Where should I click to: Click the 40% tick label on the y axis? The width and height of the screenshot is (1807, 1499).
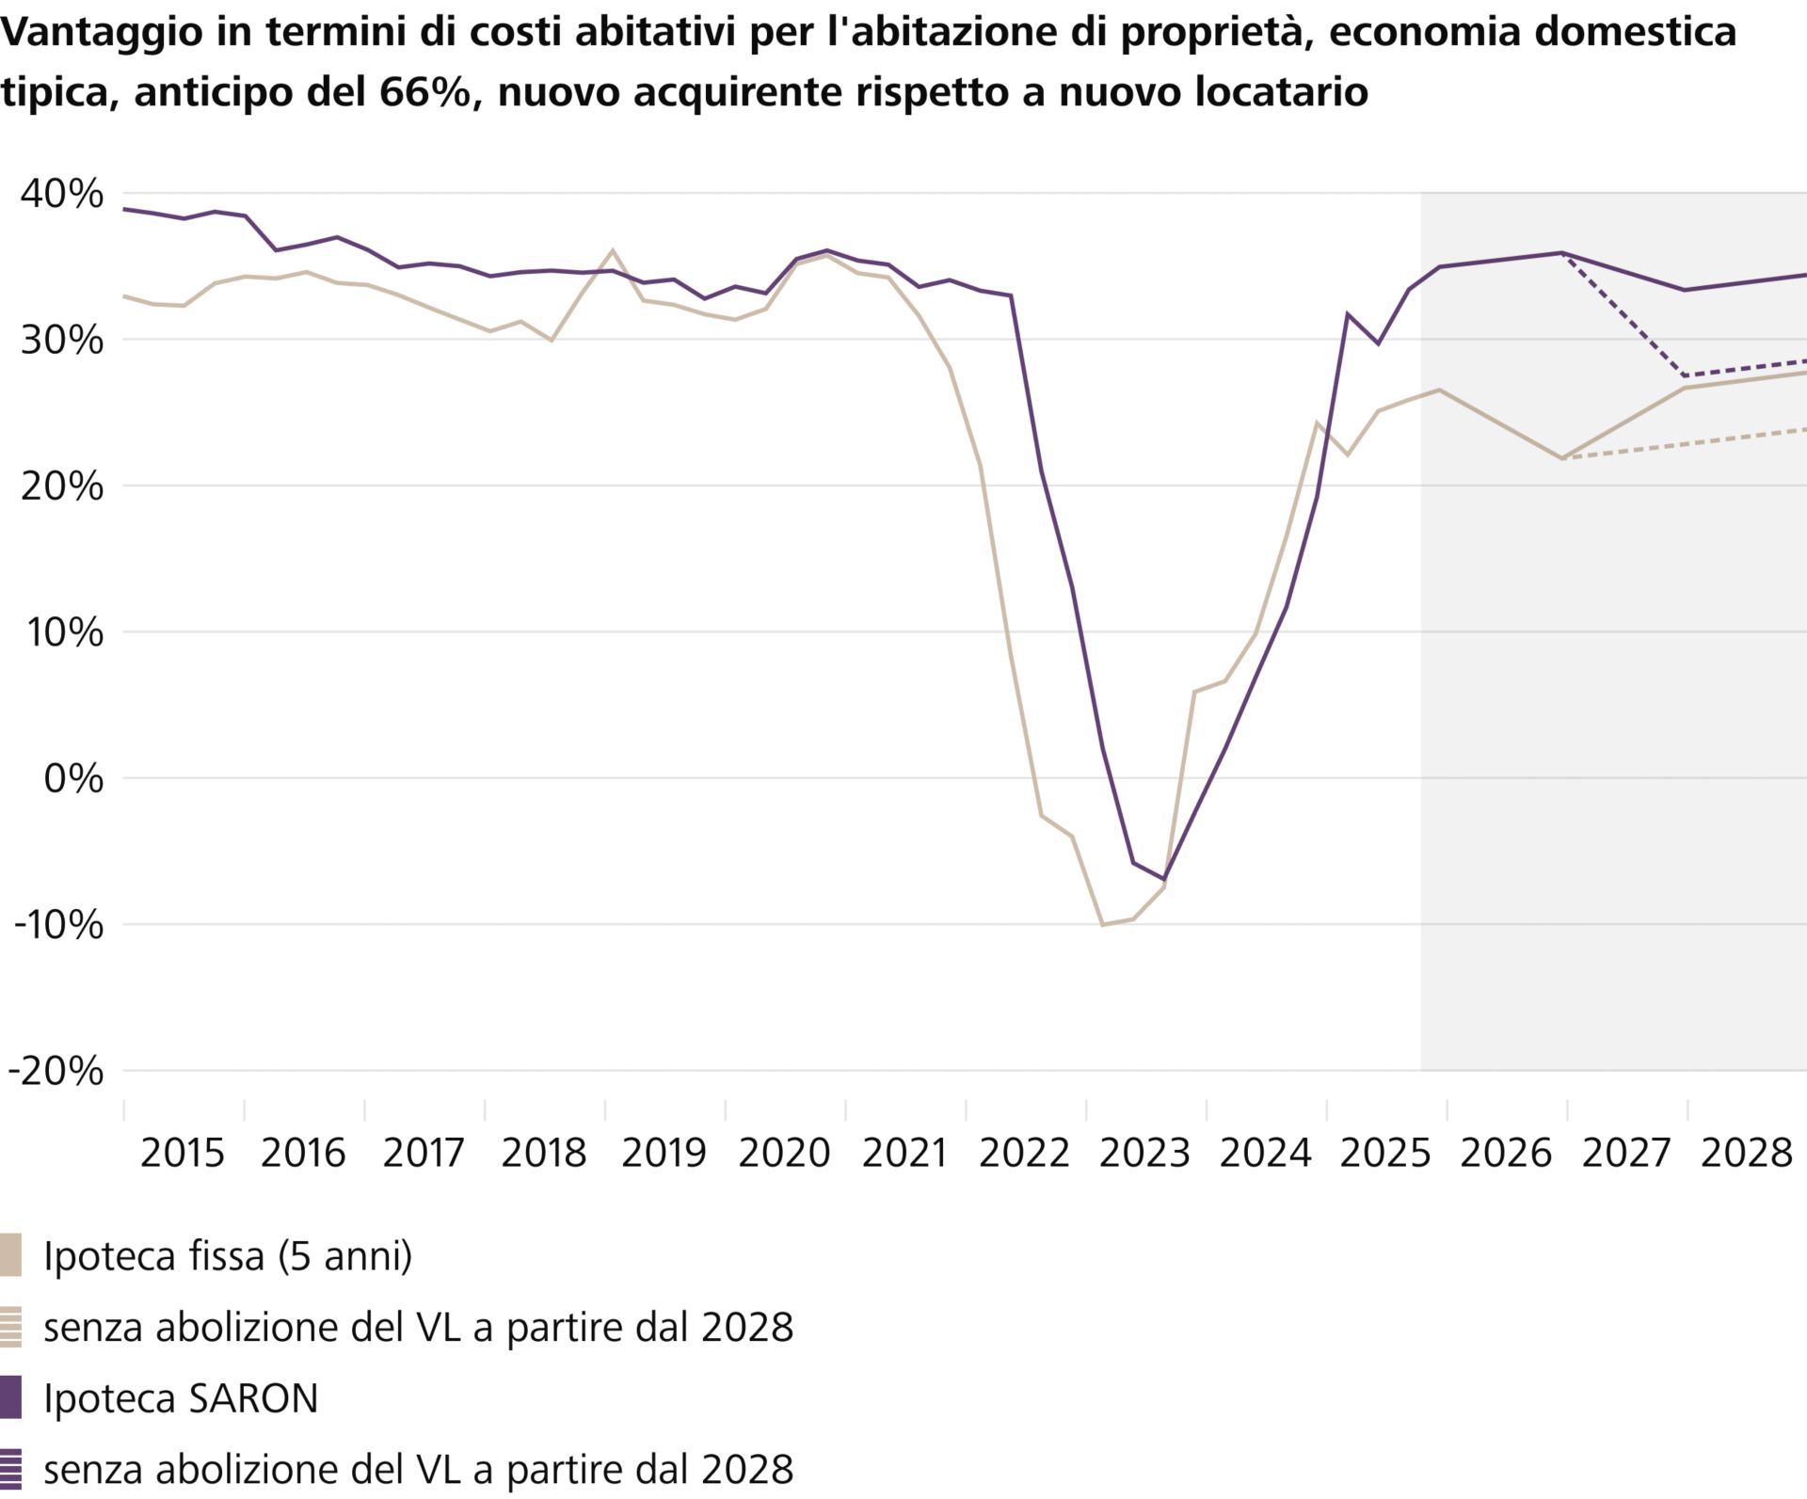tap(62, 194)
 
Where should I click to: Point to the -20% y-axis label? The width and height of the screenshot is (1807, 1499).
tap(56, 1071)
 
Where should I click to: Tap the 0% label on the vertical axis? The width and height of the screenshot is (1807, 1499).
tap(73, 779)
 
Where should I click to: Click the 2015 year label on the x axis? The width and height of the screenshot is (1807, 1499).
tap(183, 1153)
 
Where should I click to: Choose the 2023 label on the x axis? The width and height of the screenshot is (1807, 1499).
tap(1144, 1153)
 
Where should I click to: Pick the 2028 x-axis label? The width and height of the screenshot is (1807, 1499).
tap(1746, 1153)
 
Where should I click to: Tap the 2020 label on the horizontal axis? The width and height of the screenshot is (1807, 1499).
tap(784, 1153)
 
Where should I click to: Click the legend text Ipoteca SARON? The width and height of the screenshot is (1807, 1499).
tap(181, 1398)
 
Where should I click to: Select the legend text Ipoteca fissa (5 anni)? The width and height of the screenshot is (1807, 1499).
tap(228, 1256)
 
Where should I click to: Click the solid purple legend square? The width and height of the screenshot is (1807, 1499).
tap(10, 1397)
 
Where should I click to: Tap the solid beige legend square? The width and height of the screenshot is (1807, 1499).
tap(10, 1255)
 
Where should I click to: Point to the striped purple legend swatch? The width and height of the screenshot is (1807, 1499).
tap(10, 1468)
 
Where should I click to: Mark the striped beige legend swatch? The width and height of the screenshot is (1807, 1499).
tap(10, 1327)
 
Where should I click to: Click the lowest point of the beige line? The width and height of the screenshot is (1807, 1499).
tap(1102, 925)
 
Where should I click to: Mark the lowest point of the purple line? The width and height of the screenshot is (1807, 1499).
tap(1164, 880)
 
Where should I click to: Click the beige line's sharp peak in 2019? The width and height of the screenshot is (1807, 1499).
tap(613, 250)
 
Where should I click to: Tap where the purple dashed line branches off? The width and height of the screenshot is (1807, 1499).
tap(1562, 253)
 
